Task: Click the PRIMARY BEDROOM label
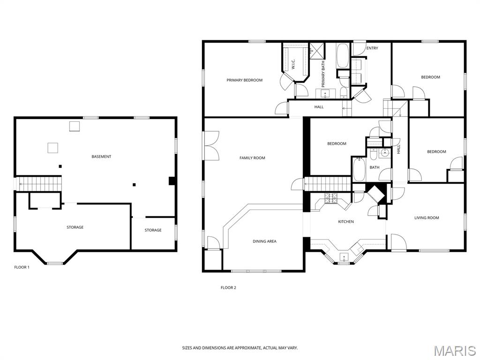click(x=244, y=80)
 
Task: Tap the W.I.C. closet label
click(x=293, y=64)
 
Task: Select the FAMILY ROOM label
click(x=252, y=158)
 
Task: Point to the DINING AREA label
click(x=264, y=241)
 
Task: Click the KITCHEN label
click(x=346, y=222)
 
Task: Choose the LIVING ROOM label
click(x=427, y=218)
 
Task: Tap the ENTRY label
click(x=372, y=48)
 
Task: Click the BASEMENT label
click(x=101, y=157)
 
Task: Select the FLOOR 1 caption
click(x=22, y=267)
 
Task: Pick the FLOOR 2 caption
click(x=228, y=288)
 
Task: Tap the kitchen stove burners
click(x=331, y=198)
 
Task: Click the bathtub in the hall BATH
click(x=359, y=169)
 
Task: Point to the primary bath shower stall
click(x=316, y=50)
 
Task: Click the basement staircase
click(x=39, y=184)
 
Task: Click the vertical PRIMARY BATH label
click(x=323, y=74)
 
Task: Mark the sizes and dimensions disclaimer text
click(x=240, y=348)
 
